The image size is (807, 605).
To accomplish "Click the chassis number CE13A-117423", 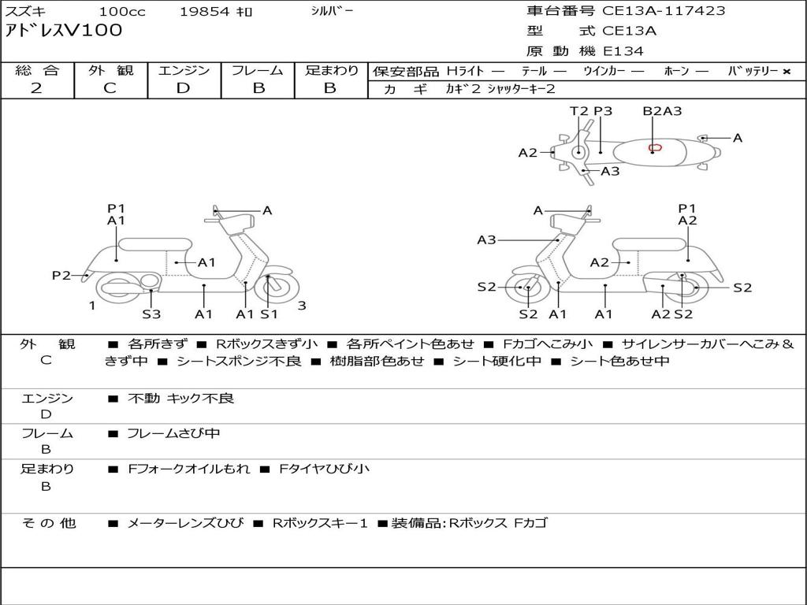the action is coord(664,11).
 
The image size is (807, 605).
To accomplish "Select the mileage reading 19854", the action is coord(204,12).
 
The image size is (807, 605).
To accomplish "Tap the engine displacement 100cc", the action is coord(122,12).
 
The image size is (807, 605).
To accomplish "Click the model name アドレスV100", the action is coord(64,32).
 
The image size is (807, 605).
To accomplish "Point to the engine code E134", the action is coord(623,51).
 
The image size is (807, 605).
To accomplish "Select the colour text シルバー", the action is coord(332,11).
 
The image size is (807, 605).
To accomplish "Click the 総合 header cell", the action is coord(37,71).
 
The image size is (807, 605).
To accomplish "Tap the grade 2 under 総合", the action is coord(36,88).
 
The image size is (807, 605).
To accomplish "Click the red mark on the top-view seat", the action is coord(654,147).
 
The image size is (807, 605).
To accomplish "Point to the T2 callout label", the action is coord(579,111).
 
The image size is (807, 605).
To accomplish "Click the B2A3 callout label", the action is coord(662,111).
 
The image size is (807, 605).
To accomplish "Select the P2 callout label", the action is coord(61,275).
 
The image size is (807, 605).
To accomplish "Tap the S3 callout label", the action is coord(151,314).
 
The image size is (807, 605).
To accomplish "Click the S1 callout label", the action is coord(270,314).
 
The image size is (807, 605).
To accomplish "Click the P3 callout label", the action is coord(603,111).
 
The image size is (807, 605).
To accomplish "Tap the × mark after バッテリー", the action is coord(786,72).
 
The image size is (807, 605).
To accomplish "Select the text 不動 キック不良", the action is coord(181,399).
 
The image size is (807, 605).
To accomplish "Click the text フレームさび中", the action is coord(173,433).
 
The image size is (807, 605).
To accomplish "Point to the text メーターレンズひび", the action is coord(185,523).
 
